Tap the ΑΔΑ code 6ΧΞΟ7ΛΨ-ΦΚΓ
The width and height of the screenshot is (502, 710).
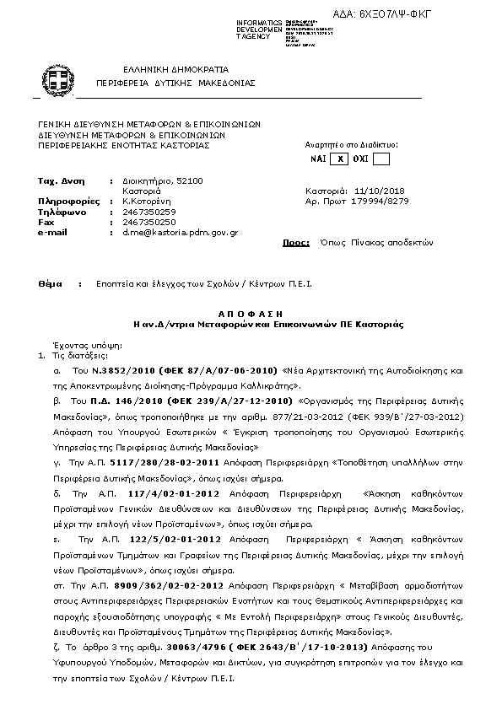pyautogui.click(x=441, y=15)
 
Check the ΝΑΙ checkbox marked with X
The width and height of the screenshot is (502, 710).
pyautogui.click(x=339, y=159)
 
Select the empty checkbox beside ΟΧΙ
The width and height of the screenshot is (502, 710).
pyautogui.click(x=381, y=159)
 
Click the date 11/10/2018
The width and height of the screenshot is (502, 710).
pyautogui.click(x=381, y=191)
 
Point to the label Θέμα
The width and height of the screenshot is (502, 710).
pyautogui.click(x=51, y=284)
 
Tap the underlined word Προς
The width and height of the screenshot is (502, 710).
pyautogui.click(x=295, y=242)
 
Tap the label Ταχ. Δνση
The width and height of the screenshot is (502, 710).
pyautogui.click(x=62, y=181)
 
